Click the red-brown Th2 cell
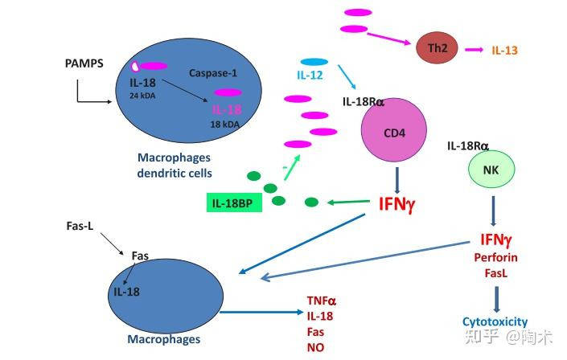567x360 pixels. pyautogui.click(x=436, y=49)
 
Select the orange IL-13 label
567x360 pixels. pyautogui.click(x=504, y=50)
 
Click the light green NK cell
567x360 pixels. pyautogui.click(x=491, y=170)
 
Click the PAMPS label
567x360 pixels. pyautogui.click(x=84, y=63)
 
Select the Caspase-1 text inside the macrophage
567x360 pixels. pyautogui.click(x=210, y=72)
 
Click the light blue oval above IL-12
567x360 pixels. pyautogui.click(x=314, y=62)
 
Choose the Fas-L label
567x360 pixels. pyautogui.click(x=80, y=227)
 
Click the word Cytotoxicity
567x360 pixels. pyautogui.click(x=495, y=322)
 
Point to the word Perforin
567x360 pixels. pyautogui.click(x=496, y=257)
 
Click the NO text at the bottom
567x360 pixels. pyautogui.click(x=314, y=346)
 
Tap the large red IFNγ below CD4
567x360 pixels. pyautogui.click(x=396, y=202)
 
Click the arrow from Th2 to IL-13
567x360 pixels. pyautogui.click(x=473, y=50)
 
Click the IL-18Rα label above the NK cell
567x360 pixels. pyautogui.click(x=468, y=145)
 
